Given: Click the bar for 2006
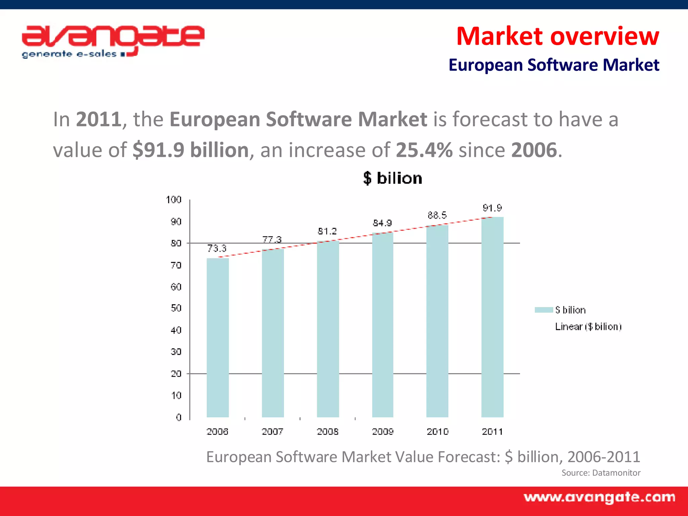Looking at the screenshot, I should (218, 338).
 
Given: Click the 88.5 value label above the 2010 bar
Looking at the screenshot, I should (437, 215).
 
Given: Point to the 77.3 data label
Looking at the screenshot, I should (272, 240).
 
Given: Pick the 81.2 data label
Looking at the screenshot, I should (327, 231).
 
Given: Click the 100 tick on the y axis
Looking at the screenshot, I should (174, 200).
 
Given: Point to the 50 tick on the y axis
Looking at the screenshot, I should (176, 308).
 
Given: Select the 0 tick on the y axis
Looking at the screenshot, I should (178, 417).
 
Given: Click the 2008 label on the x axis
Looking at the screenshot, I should (328, 432).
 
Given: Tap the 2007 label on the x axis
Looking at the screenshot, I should (272, 432).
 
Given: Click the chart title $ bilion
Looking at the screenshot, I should (392, 178).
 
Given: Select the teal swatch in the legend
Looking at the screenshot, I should (544, 310).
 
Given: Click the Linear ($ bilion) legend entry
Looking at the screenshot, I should (588, 327).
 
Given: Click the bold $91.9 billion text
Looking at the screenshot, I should (190, 150).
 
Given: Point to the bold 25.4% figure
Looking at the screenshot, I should (424, 150).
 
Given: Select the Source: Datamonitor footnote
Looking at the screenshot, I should (601, 473).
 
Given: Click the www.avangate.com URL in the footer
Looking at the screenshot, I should (599, 498).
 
